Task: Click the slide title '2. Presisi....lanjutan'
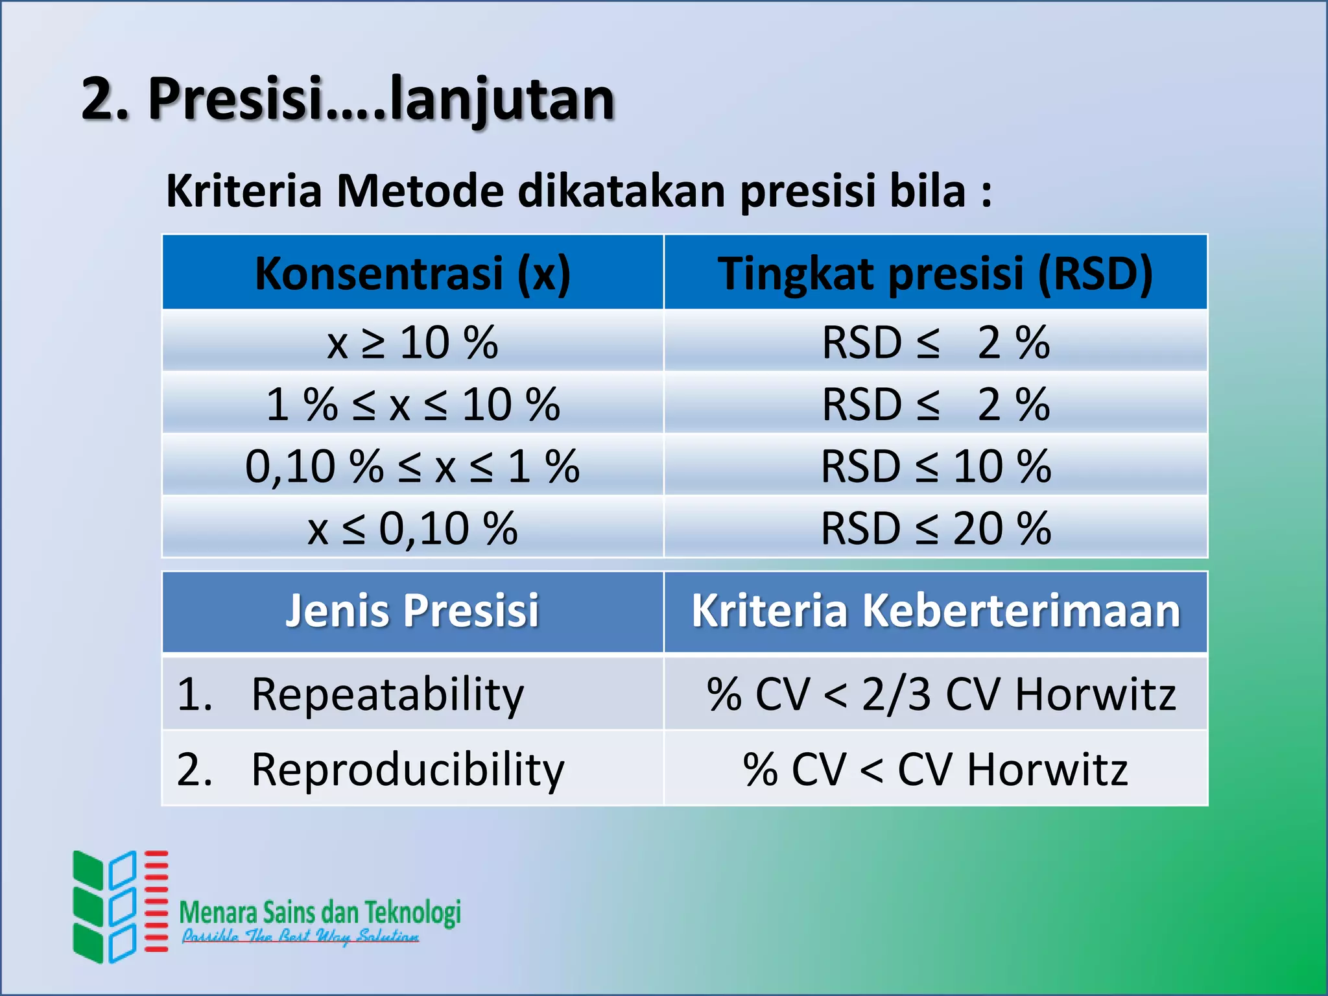[348, 100]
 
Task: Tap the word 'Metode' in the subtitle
[420, 191]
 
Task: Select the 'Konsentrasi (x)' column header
[412, 273]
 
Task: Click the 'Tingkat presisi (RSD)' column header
[935, 273]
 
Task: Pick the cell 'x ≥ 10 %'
[412, 342]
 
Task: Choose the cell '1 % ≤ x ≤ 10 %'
[412, 405]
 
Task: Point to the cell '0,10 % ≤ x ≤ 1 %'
[412, 466]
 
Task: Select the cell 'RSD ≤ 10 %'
[935, 466]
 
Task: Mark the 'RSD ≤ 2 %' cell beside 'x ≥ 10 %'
[935, 342]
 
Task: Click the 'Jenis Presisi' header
[412, 611]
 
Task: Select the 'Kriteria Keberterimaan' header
[935, 611]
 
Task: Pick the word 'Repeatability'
[387, 694]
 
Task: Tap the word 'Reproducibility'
[407, 770]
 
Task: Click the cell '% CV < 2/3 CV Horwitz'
[940, 694]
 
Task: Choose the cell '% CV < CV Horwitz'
[935, 770]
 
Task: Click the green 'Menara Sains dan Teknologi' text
[320, 912]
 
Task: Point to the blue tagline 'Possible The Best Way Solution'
[300, 936]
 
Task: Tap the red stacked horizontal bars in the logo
[156, 901]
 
